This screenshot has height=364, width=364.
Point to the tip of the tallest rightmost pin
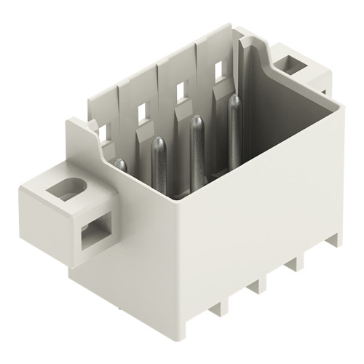pyautogui.click(x=234, y=100)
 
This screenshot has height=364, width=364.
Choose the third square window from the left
pyautogui.click(x=180, y=91)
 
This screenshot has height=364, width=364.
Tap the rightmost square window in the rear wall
pyautogui.click(x=218, y=71)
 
